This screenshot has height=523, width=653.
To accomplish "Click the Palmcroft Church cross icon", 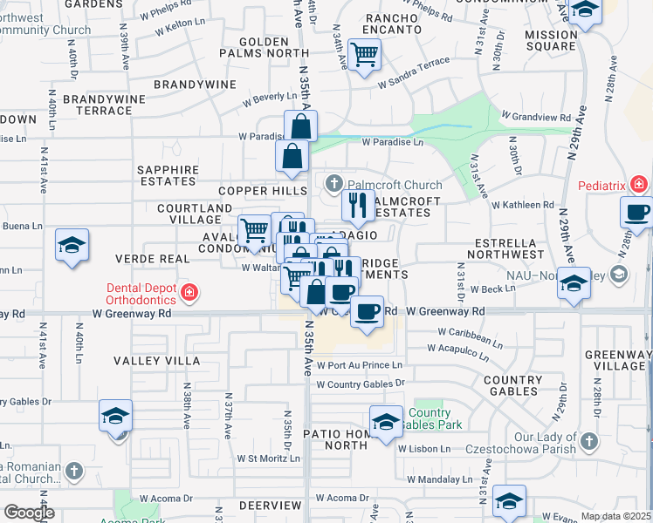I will [333, 184].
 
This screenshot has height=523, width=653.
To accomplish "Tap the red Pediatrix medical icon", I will [639, 185].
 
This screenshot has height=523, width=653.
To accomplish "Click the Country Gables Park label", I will [430, 418].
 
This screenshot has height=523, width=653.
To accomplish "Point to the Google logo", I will [28, 513].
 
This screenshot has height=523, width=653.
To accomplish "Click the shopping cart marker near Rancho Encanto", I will [364, 55].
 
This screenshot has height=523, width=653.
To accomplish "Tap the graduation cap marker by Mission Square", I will [584, 11].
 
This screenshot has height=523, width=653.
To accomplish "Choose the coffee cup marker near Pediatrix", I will [636, 212].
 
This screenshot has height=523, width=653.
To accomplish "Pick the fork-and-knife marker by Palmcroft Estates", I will [358, 205].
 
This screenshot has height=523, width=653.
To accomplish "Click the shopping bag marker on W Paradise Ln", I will [300, 126].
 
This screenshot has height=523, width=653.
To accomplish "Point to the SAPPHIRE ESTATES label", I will [167, 175].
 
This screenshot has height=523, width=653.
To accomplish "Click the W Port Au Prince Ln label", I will [360, 365].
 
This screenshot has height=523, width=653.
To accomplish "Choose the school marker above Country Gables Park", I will [385, 421].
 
